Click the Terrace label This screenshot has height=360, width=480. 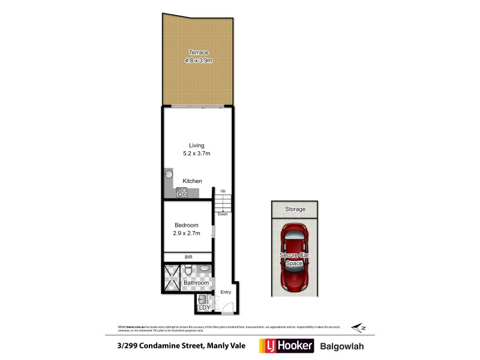coord(199,53)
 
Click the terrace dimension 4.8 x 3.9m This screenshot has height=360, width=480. coord(199,61)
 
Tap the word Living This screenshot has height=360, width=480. coord(197,145)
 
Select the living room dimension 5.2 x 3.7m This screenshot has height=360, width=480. coord(197,154)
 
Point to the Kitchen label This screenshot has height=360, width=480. coord(193,181)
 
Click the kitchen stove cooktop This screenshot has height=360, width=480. coord(182,193)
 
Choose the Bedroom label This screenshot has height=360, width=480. coord(187,225)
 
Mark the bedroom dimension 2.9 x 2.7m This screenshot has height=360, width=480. coord(187,233)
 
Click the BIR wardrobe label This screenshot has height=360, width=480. coord(188,257)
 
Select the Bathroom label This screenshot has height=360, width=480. coord(197,283)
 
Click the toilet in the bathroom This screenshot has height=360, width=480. coord(188,272)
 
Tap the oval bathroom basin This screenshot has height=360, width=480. coord(205,268)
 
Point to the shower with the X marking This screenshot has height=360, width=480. coord(171,278)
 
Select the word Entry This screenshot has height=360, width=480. coord(226,292)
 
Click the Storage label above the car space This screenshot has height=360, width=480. coord(295,209)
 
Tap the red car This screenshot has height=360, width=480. coord(294,257)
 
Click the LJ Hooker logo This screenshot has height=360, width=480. coord(286,346)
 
